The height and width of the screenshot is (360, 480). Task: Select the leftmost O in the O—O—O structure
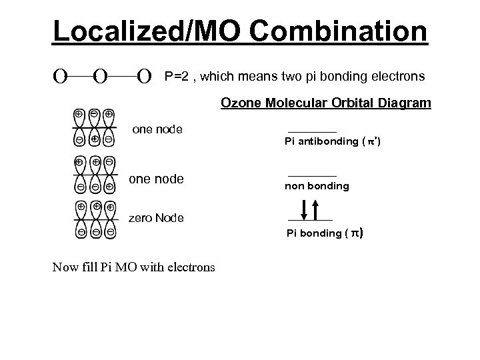point(60,78)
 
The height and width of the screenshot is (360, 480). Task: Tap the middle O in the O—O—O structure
point(101,78)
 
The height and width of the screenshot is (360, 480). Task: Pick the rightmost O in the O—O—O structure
point(143,78)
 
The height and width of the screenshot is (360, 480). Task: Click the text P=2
point(177,77)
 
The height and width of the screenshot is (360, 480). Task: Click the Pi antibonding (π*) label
point(333,141)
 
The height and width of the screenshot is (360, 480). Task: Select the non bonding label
point(317,186)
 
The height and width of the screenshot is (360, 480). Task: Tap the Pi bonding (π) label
point(325,233)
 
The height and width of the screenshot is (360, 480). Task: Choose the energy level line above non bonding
point(312,176)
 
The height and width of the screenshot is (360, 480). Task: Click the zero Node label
point(155,218)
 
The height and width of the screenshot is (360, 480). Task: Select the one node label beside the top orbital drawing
point(158,129)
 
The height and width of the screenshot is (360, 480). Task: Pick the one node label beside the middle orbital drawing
point(155,179)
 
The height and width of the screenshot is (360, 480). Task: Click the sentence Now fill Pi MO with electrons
point(133,267)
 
